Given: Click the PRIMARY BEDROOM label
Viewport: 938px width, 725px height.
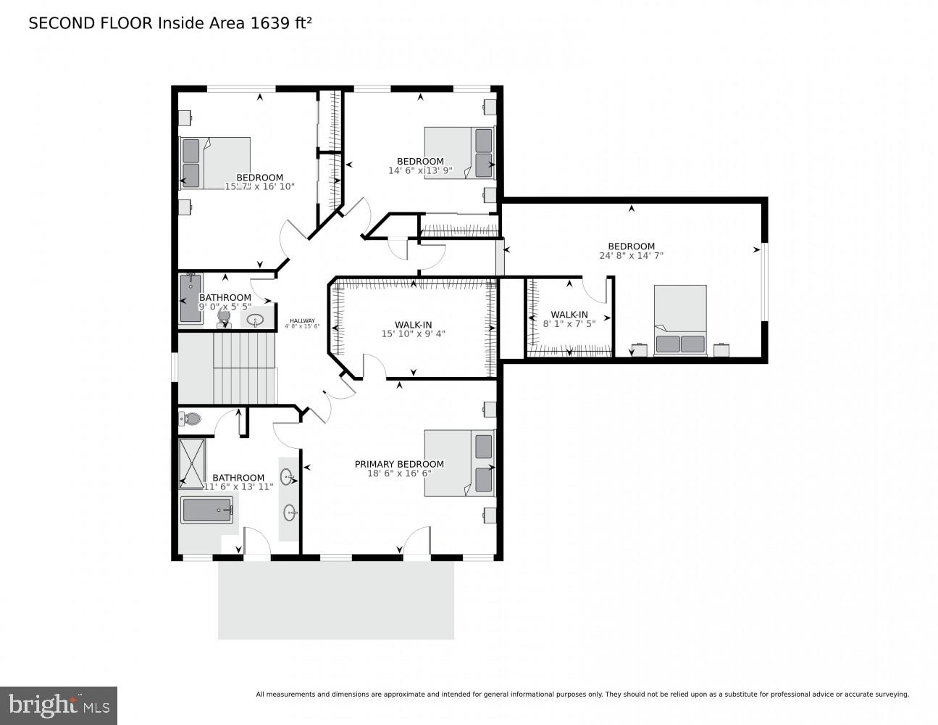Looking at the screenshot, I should (399, 464).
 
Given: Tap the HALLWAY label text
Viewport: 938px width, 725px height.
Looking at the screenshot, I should (302, 321).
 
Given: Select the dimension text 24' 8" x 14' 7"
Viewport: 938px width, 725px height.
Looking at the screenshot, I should (631, 255).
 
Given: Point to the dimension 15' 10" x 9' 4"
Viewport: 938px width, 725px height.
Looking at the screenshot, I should (413, 334).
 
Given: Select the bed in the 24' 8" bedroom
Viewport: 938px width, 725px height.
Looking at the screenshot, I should (680, 320).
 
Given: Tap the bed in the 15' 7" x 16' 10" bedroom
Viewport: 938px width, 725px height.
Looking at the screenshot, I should (214, 163).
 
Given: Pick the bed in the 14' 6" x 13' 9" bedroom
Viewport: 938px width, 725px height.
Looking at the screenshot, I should (458, 152).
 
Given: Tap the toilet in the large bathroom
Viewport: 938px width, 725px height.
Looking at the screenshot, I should (190, 418).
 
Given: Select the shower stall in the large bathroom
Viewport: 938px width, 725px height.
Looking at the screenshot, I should (193, 462).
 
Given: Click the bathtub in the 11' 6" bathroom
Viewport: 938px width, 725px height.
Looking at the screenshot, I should (207, 510).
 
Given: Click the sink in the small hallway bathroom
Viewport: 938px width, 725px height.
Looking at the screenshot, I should (256, 319).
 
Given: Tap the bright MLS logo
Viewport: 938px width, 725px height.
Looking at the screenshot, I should (59, 705).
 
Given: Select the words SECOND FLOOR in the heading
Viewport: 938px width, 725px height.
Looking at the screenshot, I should (91, 23).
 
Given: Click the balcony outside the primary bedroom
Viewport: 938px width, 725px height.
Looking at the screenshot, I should (335, 600).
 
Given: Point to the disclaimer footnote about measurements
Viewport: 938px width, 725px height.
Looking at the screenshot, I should (582, 695).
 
